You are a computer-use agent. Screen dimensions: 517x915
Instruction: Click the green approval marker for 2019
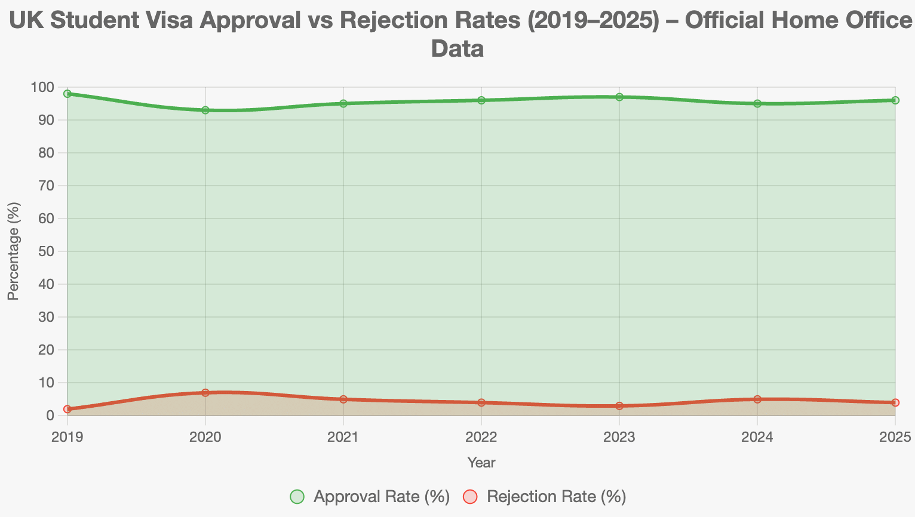click(67, 94)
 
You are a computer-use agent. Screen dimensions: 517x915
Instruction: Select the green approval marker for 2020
click(205, 110)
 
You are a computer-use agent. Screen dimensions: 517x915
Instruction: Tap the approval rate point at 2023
click(619, 97)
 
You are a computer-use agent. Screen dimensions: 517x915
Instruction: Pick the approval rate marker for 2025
click(895, 100)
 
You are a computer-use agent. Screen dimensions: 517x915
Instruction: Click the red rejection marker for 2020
click(205, 393)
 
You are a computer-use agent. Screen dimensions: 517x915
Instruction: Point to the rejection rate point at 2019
click(67, 409)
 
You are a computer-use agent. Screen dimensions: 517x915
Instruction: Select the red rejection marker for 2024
click(757, 399)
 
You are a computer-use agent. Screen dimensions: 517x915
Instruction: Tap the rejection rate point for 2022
click(481, 402)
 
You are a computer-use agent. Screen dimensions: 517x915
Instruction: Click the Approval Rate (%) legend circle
click(297, 497)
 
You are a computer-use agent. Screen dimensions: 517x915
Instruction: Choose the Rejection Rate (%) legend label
click(556, 497)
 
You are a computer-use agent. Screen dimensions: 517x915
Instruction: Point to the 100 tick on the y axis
click(43, 88)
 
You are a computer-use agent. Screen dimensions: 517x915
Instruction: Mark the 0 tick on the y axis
click(50, 416)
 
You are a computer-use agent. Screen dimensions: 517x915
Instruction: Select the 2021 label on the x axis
click(343, 437)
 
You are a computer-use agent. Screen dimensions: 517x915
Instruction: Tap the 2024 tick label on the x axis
click(757, 437)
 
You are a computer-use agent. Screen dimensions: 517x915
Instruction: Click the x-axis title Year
click(481, 462)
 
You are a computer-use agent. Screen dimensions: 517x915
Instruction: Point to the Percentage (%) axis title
click(14, 251)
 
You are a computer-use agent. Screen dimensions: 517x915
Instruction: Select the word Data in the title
click(457, 48)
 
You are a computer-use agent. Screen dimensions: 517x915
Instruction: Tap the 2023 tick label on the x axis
click(619, 437)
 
